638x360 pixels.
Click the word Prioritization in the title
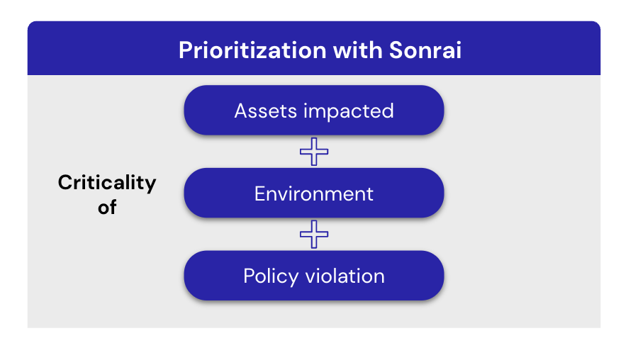coord(252,50)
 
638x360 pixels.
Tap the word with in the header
coord(358,50)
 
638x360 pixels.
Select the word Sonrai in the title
coord(425,50)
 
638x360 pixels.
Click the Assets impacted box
coord(314,111)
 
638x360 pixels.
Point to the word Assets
coord(265,111)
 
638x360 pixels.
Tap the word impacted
coord(349,111)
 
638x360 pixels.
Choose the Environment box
coord(314,193)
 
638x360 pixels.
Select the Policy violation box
coord(314,276)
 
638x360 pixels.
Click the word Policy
coord(271,276)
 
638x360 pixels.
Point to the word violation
coord(345,276)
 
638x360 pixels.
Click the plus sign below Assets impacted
coord(314,152)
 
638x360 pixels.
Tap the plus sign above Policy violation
coord(314,235)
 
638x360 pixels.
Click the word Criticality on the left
coord(107,183)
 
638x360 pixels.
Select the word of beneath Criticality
coord(107,207)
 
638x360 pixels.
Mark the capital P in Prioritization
coord(186,50)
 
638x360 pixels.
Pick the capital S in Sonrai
coord(397,50)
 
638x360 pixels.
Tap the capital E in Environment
coord(260,193)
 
